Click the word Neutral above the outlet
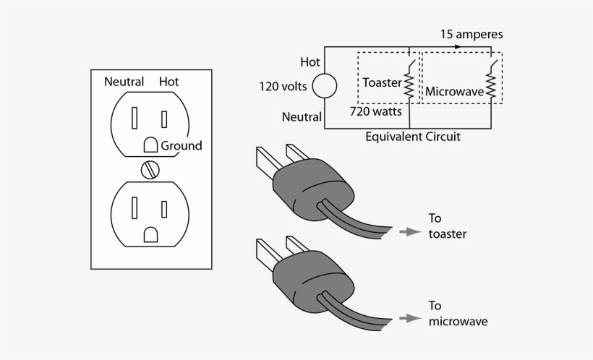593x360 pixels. click(124, 82)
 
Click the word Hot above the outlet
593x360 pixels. click(168, 82)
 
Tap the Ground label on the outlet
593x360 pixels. click(182, 145)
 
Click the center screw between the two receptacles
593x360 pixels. click(150, 170)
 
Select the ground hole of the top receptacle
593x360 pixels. click(150, 145)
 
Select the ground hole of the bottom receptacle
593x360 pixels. click(150, 234)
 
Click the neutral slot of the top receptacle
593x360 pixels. click(135, 116)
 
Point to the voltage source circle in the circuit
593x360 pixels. click(324, 86)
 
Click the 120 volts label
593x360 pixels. click(283, 87)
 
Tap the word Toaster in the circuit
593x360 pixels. click(382, 82)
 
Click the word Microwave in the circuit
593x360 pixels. click(454, 92)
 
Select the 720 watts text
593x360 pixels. click(376, 112)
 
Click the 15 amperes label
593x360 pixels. click(472, 34)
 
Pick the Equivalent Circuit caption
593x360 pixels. click(413, 136)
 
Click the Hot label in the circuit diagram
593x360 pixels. click(310, 62)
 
